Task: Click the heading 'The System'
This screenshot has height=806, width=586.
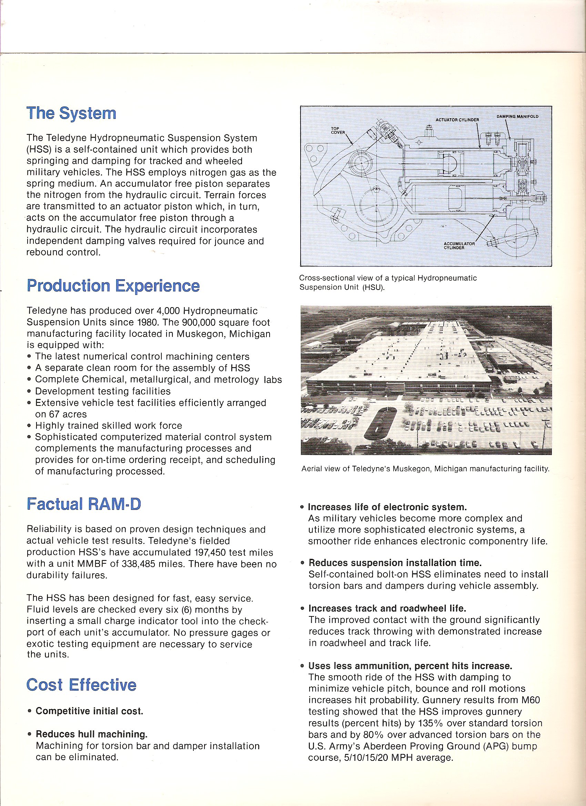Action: (71, 113)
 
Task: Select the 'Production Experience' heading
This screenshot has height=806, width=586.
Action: (113, 286)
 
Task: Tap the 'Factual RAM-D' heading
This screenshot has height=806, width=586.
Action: (84, 504)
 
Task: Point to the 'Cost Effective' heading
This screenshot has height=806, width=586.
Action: (81, 685)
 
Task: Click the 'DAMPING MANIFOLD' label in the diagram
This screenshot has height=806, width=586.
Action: (517, 117)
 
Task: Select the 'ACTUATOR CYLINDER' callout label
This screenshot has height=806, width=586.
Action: (457, 120)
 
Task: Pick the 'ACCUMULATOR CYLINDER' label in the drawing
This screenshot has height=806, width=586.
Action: (459, 245)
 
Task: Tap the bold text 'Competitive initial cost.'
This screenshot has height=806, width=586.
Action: (90, 711)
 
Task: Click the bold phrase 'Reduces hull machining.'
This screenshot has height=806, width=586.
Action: (92, 734)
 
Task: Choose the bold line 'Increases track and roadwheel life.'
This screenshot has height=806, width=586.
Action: (387, 608)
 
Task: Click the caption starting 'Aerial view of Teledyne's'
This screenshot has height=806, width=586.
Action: (425, 469)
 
